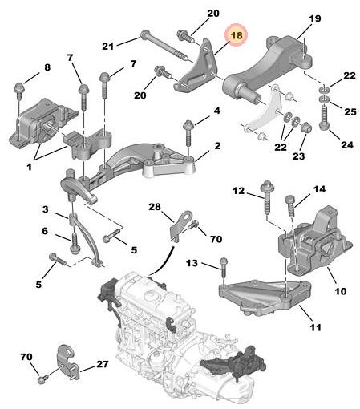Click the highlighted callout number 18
tap(237, 35)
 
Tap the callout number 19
tap(315, 18)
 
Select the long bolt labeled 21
tap(164, 48)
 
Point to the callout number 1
tap(29, 168)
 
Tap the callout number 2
tap(217, 146)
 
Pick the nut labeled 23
tap(305, 127)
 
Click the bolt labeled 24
tap(324, 118)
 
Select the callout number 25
tap(350, 111)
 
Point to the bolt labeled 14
tap(291, 205)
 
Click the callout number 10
tap(341, 291)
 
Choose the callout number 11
tap(316, 327)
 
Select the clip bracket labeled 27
tap(67, 362)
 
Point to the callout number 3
tap(46, 209)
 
